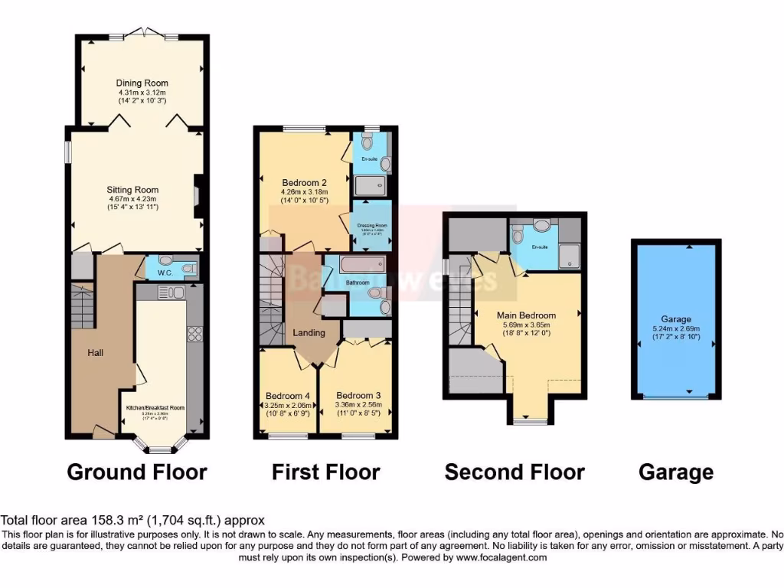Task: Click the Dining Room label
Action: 142,83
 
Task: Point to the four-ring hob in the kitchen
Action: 194,333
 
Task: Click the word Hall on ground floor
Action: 95,353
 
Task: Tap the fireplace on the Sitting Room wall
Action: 198,198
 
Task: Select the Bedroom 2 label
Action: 304,182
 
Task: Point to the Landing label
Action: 309,332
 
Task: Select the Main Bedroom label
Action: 526,315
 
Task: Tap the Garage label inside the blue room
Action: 676,319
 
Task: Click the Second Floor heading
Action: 514,472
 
